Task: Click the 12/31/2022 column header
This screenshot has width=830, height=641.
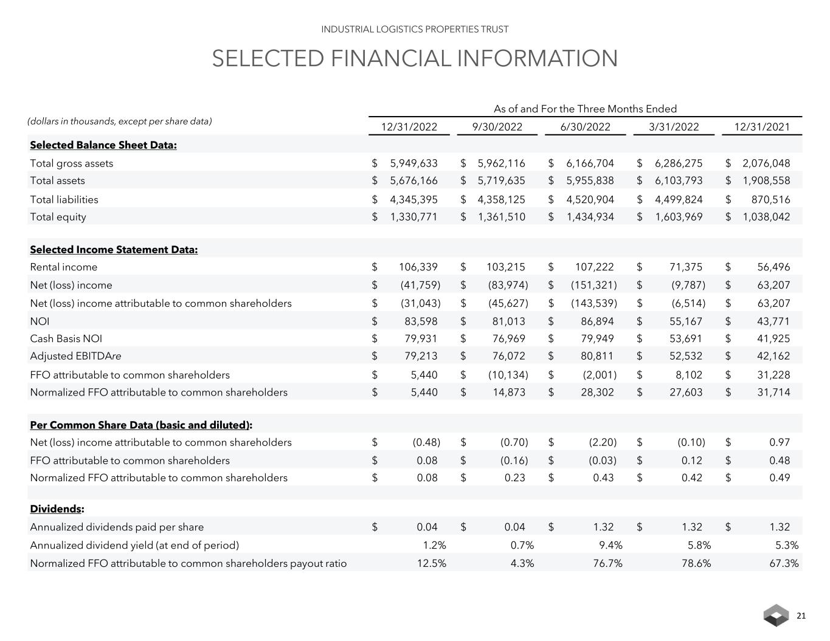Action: [x=409, y=127]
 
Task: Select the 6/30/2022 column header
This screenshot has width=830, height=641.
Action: [x=585, y=127]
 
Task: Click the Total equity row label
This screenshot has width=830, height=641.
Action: [x=58, y=217]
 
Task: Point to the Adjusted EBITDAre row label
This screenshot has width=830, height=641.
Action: [x=75, y=356]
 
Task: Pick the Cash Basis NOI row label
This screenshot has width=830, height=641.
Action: [x=66, y=338]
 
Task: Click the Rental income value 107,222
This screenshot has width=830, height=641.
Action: [x=594, y=267]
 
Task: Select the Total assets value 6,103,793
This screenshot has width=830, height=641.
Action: [x=678, y=180]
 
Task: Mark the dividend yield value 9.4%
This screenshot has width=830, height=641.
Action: [x=610, y=545]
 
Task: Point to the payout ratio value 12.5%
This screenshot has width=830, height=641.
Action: [x=431, y=563]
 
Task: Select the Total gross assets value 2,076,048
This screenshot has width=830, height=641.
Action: [x=766, y=163]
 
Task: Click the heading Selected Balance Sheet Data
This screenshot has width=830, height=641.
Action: [x=103, y=145]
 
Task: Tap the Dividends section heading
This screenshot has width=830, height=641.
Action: [x=57, y=509]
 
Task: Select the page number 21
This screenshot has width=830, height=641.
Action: [x=801, y=616]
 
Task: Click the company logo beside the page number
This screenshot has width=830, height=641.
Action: [x=776, y=616]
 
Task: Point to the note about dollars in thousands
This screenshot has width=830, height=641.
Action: [x=120, y=121]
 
